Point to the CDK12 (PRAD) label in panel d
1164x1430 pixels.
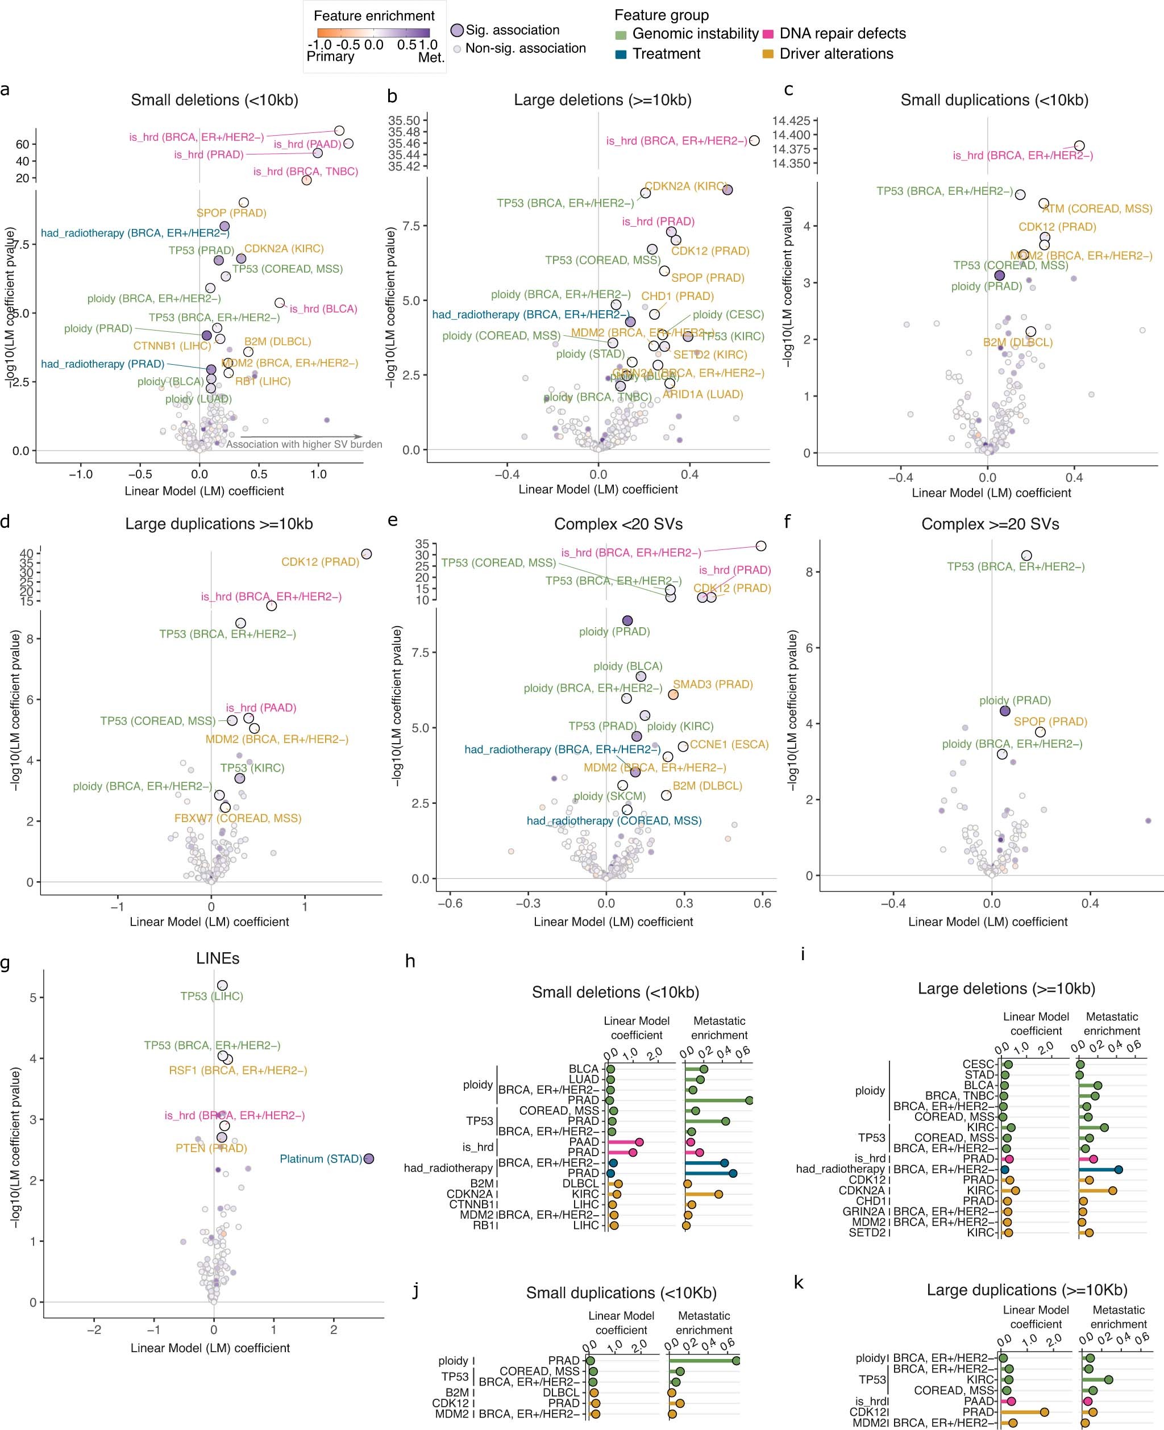coord(320,561)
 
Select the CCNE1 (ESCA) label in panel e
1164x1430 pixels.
coord(729,744)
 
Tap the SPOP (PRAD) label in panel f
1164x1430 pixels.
coord(1050,722)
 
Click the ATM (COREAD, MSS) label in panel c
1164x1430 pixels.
coord(1097,209)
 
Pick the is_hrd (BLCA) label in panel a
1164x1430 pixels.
coord(323,309)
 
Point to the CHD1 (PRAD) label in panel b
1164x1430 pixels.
coord(677,296)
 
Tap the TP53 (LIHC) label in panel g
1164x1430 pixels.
coord(211,996)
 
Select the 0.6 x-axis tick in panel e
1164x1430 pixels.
coord(762,903)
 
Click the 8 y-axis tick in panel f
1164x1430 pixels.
coord(809,572)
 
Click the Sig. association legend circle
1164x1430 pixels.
coord(456,30)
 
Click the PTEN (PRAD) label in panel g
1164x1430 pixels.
coord(211,1148)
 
